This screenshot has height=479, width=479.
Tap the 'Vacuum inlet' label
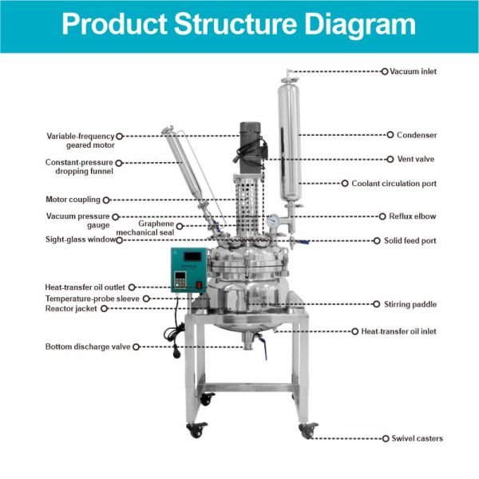[x=413, y=72]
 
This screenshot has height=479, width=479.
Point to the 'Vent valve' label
[x=416, y=159]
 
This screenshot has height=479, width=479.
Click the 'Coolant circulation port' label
[x=394, y=184]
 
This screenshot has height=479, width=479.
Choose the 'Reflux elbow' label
[x=412, y=216]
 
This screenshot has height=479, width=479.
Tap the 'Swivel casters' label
[x=417, y=438]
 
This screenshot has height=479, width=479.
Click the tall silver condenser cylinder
[x=288, y=144]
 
